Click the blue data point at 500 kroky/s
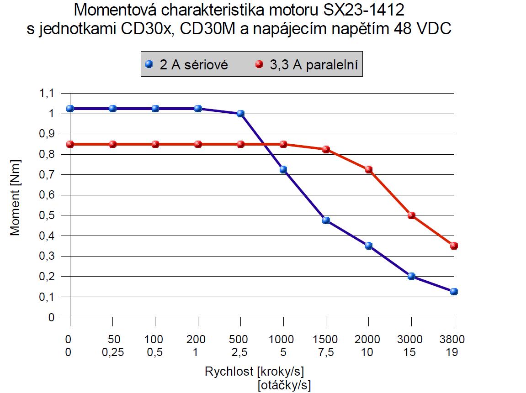[x=240, y=114]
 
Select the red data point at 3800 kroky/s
[x=454, y=246]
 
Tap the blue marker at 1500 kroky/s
[x=326, y=220]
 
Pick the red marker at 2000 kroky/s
[x=368, y=169]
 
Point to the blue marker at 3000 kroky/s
[x=411, y=276]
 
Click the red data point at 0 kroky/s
[x=70, y=144]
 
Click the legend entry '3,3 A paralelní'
[x=309, y=65]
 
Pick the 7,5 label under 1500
[x=326, y=352]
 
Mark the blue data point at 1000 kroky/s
[x=283, y=169]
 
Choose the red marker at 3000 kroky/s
[x=411, y=215]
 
